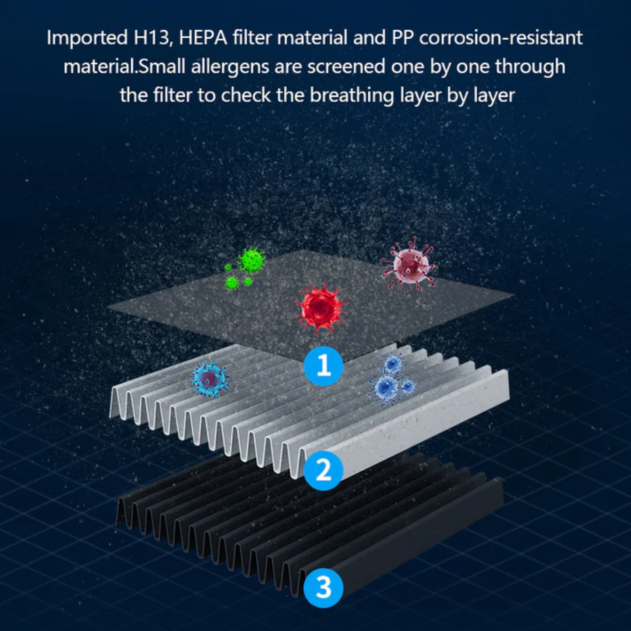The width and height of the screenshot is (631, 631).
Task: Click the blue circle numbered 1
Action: (323, 365)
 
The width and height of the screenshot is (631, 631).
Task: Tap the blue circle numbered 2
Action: (323, 470)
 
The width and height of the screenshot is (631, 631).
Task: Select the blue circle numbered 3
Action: (323, 587)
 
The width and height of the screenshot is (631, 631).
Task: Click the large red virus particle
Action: (321, 308)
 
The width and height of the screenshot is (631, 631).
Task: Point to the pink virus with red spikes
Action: (409, 265)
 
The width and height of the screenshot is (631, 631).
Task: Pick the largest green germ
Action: (252, 261)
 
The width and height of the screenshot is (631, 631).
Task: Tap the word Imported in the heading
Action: (87, 38)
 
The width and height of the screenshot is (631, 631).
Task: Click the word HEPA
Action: (203, 38)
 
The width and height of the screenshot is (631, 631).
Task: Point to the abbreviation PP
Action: (402, 38)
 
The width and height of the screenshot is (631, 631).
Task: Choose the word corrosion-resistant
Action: (500, 38)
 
